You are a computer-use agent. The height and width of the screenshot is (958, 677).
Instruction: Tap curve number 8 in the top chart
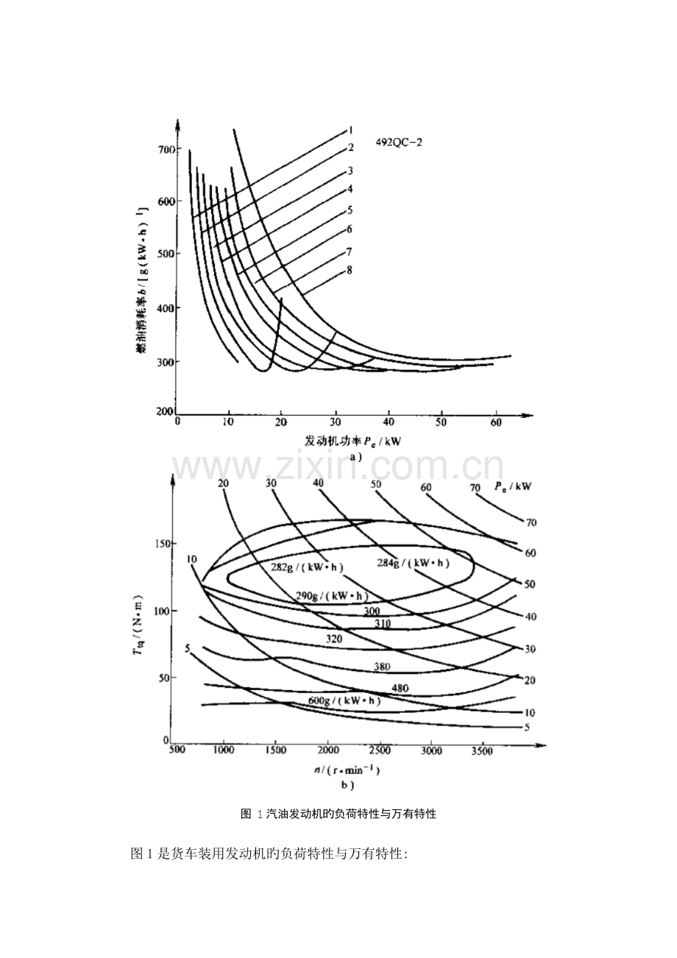pyautogui.click(x=350, y=270)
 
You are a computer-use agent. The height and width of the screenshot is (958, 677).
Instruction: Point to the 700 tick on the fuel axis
pyautogui.click(x=167, y=149)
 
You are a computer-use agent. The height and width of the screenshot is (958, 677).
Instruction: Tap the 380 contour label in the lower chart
pyautogui.click(x=382, y=667)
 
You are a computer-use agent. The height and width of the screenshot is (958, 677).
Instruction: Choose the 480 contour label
pyautogui.click(x=400, y=689)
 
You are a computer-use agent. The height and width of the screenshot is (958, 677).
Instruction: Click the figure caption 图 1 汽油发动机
pyautogui.click(x=338, y=815)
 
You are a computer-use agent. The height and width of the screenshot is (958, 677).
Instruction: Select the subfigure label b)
pyautogui.click(x=347, y=785)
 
